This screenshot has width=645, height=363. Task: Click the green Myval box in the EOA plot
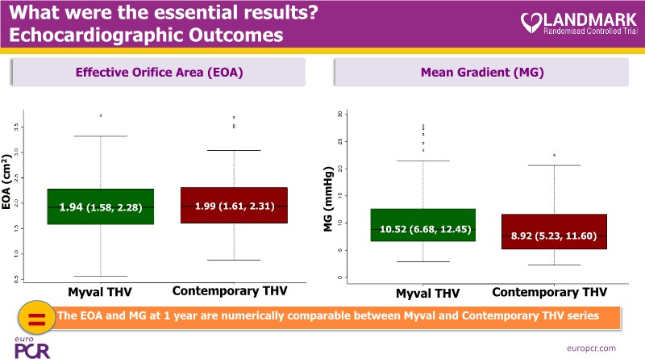click(x=101, y=218)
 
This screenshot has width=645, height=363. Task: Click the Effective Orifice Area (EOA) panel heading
click(x=159, y=73)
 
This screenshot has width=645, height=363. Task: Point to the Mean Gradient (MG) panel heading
click(x=482, y=73)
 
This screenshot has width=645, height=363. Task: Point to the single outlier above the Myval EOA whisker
click(x=101, y=115)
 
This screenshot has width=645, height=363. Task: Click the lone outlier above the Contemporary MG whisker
click(x=554, y=155)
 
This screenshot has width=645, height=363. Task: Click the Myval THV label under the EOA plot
click(x=101, y=290)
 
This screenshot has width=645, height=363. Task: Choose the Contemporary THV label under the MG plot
click(x=549, y=291)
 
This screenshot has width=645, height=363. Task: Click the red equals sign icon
click(x=36, y=317)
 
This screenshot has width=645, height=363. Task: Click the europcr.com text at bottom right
click(x=591, y=347)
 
